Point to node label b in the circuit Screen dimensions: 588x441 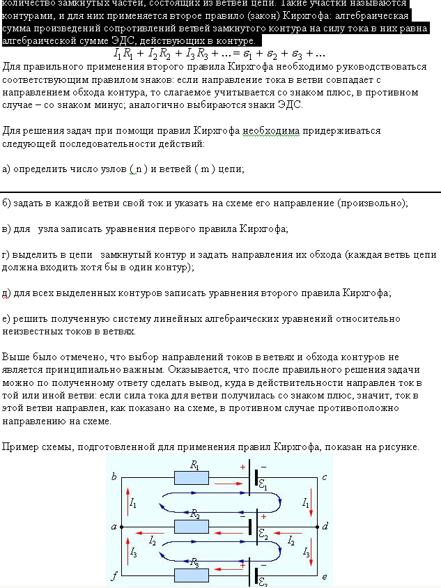pyautogui.click(x=114, y=477)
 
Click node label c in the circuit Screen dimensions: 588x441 pyautogui.click(x=325, y=477)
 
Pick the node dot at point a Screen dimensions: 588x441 pyautogui.click(x=122, y=527)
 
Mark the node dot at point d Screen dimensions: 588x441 pyautogui.click(x=317, y=527)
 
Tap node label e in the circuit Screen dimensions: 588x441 pyautogui.click(x=325, y=577)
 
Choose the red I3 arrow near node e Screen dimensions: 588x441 pyautogui.click(x=313, y=552)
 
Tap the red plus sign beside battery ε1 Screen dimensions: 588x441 pyautogui.click(x=242, y=467)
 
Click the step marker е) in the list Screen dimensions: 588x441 pyautogui.click(x=7, y=318)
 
